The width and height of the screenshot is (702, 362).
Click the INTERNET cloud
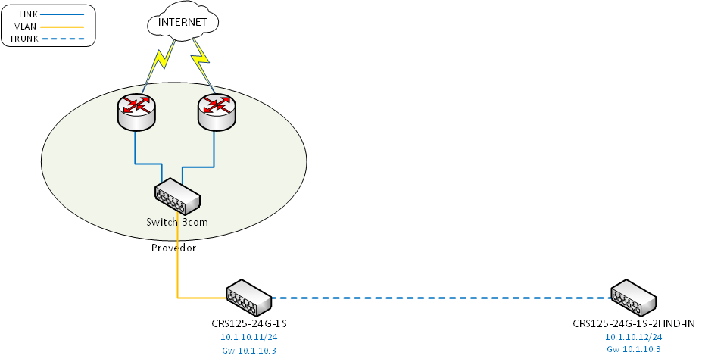[x=182, y=22]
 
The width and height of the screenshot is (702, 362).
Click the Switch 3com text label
[x=177, y=223]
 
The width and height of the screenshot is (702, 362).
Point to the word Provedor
[x=173, y=248]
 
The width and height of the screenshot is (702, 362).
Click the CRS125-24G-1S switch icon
[x=248, y=298]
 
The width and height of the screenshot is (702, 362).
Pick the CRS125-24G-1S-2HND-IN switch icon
[x=634, y=298]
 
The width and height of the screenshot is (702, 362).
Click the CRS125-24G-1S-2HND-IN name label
[x=634, y=324]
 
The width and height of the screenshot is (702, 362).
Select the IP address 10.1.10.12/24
[x=634, y=337]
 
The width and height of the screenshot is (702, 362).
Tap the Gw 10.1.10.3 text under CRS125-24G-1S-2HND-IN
[x=634, y=349]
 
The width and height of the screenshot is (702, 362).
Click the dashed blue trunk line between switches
[x=439, y=298]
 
